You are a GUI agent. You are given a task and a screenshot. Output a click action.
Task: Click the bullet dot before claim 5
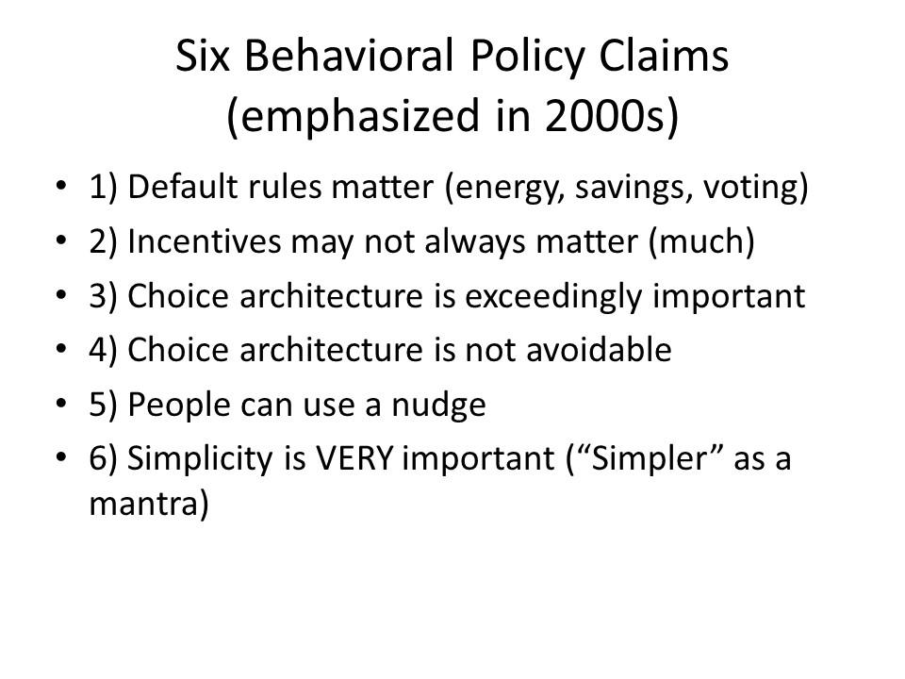(62, 406)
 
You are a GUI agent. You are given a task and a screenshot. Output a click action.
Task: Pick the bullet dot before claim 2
(62, 241)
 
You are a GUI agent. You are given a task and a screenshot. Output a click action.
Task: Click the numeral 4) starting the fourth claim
(104, 351)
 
